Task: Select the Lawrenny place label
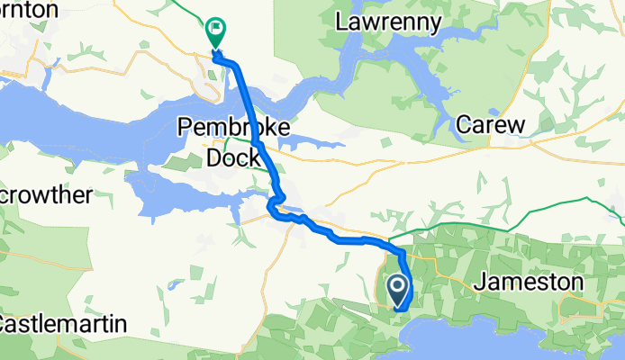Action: pyautogui.click(x=388, y=21)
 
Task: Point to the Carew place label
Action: pyautogui.click(x=490, y=125)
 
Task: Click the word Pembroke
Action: pyautogui.click(x=234, y=128)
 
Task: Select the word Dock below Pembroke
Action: pyautogui.click(x=233, y=158)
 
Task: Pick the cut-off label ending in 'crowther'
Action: pyautogui.click(x=45, y=194)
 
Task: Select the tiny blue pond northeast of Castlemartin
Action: pyautogui.click(x=171, y=286)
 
